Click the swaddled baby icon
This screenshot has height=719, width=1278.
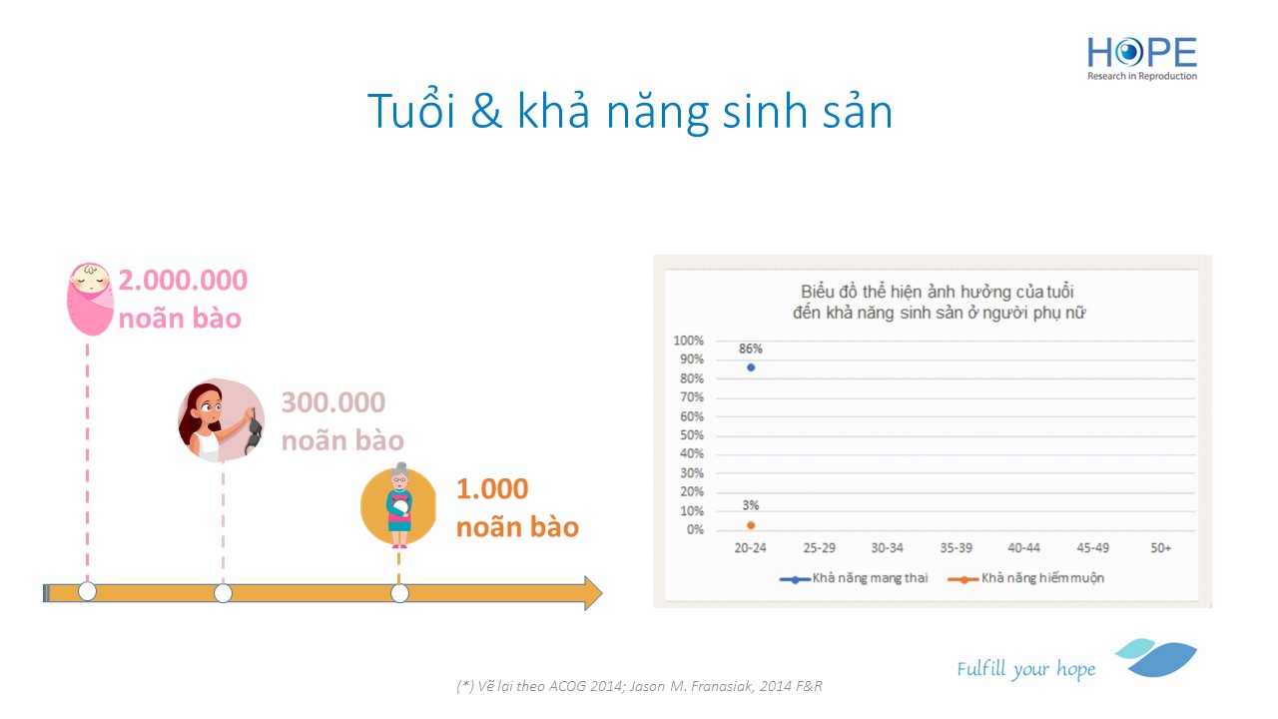click(x=90, y=299)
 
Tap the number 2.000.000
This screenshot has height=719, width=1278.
click(x=183, y=281)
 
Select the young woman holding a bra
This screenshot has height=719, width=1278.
click(x=222, y=420)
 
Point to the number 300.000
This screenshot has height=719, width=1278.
click(x=333, y=402)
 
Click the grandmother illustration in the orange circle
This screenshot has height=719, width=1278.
click(x=398, y=505)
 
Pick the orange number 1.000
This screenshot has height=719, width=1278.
click(x=492, y=489)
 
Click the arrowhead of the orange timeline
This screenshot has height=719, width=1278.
click(x=593, y=593)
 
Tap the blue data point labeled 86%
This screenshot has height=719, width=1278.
click(x=751, y=367)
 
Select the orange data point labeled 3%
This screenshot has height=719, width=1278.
click(x=751, y=525)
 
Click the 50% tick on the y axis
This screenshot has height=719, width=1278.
click(x=692, y=435)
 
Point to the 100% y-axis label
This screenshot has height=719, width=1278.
click(x=689, y=341)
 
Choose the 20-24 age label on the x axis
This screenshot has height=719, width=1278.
click(x=750, y=548)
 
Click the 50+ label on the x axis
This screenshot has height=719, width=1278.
click(x=1160, y=548)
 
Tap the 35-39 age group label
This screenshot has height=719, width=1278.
click(x=957, y=548)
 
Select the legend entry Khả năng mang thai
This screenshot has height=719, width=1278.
click(x=854, y=578)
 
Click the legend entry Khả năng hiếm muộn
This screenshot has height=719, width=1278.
click(x=1025, y=578)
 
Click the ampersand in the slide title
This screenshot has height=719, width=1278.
click(x=486, y=111)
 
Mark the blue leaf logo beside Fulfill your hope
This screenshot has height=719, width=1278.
click(x=1156, y=657)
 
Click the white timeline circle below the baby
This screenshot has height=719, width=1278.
click(x=87, y=592)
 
